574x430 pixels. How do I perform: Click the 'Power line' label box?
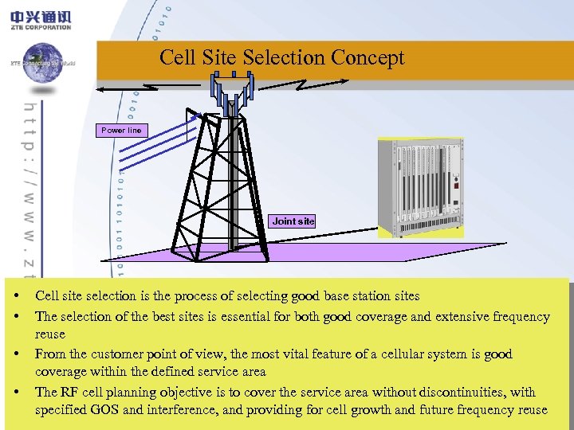[x=121, y=131]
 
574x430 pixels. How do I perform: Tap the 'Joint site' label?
[x=293, y=221]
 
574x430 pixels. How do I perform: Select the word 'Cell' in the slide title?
[x=177, y=57]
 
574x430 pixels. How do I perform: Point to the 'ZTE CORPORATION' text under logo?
[x=41, y=27]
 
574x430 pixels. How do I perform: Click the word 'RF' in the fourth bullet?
[x=70, y=392]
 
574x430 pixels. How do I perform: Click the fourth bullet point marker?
[x=17, y=393]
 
